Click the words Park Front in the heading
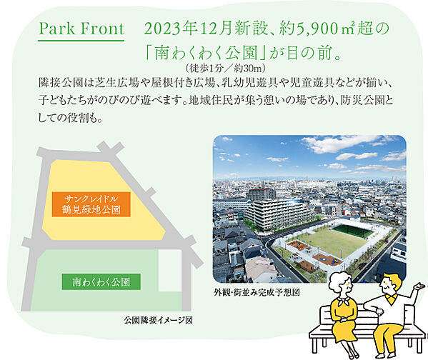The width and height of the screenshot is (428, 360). tap(81, 30)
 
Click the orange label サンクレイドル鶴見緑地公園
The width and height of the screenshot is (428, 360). tap(95, 204)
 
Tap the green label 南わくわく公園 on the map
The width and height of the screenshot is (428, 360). tap(96, 281)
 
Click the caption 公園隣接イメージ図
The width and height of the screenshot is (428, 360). tap(158, 320)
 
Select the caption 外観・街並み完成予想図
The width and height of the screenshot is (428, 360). tap(256, 294)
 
